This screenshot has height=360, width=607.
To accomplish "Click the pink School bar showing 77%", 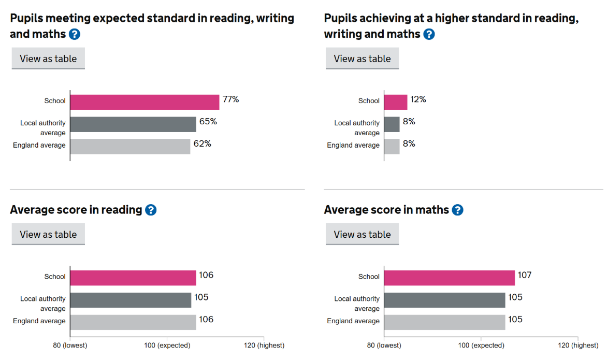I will pyautogui.click(x=144, y=102).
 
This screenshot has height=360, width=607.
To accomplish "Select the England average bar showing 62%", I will pyautogui.click(x=130, y=147).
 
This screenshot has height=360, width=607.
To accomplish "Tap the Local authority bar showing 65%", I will pyautogui.click(x=133, y=124).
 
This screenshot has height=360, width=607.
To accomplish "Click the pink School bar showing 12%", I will pyautogui.click(x=396, y=102).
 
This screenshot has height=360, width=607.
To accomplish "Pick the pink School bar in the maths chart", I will pyautogui.click(x=450, y=278).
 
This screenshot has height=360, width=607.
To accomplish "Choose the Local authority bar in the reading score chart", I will pyautogui.click(x=131, y=300).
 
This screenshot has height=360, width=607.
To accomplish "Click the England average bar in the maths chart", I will pyautogui.click(x=444, y=322).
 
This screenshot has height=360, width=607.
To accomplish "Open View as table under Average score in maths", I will pyautogui.click(x=362, y=234).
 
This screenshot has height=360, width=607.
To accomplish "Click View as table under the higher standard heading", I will pyautogui.click(x=362, y=59).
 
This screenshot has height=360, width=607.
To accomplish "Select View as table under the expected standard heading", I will pyautogui.click(x=48, y=59).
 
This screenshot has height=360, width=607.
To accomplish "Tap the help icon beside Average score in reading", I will pyautogui.click(x=151, y=210).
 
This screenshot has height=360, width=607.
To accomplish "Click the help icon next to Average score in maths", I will pyautogui.click(x=457, y=210).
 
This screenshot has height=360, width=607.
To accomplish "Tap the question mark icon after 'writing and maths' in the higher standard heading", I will pyautogui.click(x=429, y=34).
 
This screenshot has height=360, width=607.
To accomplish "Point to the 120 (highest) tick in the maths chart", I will pyautogui.click(x=578, y=345).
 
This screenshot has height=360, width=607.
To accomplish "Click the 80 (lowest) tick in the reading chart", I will pyautogui.click(x=71, y=345).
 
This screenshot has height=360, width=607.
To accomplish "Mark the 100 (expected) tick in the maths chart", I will pyautogui.click(x=480, y=345).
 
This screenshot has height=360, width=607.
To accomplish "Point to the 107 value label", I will pyautogui.click(x=525, y=275).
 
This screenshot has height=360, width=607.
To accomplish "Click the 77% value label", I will pyautogui.click(x=230, y=99).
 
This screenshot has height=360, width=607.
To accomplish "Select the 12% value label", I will pyautogui.click(x=418, y=99).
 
